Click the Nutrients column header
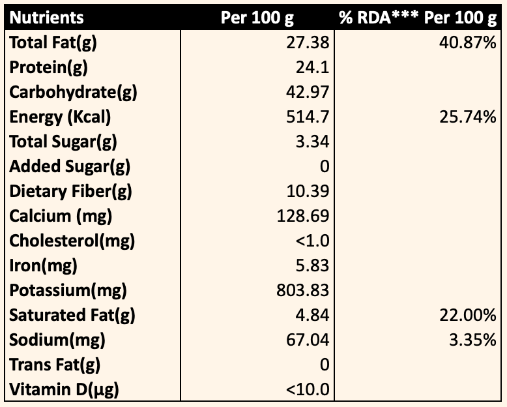click(46, 18)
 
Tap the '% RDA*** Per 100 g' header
click(418, 18)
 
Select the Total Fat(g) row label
click(53, 43)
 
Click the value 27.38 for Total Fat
click(308, 42)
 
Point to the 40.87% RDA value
click(467, 42)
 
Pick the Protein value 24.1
click(312, 67)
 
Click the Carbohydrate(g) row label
click(73, 93)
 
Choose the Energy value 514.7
click(308, 117)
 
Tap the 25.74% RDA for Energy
click(467, 117)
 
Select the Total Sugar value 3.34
click(312, 142)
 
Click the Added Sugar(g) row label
click(70, 167)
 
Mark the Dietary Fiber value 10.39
click(308, 191)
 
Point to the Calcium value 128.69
click(303, 216)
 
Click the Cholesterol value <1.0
click(312, 241)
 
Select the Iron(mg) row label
click(43, 266)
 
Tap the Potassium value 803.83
click(303, 290)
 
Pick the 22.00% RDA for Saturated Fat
click(467, 315)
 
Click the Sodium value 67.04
click(308, 340)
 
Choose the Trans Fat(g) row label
click(55, 365)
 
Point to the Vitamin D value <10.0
click(308, 389)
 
